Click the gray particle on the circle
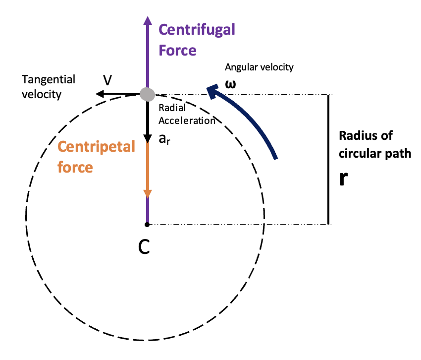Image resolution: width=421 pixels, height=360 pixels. (147, 94)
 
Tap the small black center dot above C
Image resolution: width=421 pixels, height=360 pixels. (147, 225)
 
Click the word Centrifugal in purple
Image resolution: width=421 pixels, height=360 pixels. (197, 29)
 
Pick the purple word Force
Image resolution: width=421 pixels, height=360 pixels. (177, 51)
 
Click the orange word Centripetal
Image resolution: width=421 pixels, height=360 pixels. (96, 147)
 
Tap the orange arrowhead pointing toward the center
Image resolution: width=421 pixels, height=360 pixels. (147, 193)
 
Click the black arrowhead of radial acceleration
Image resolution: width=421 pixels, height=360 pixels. (147, 138)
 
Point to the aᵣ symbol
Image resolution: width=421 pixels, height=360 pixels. (164, 139)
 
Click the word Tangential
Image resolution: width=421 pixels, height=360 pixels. (49, 79)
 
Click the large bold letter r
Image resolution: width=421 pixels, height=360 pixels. (343, 179)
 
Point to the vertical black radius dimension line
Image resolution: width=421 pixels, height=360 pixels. (328, 159)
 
